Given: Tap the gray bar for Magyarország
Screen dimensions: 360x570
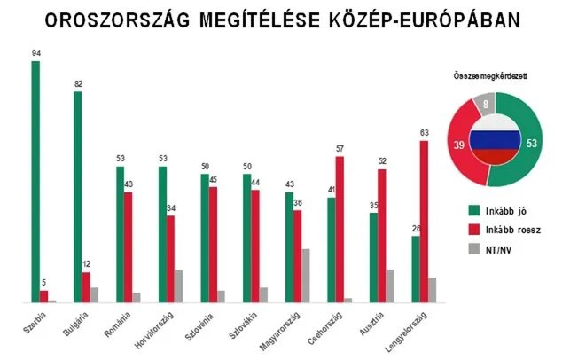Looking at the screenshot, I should (x=306, y=276).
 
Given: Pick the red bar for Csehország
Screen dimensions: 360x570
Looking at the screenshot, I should (x=339, y=230).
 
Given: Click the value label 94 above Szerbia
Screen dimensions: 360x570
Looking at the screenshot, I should (x=35, y=53).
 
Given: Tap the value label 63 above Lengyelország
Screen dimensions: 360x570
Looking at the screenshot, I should (x=426, y=133).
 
